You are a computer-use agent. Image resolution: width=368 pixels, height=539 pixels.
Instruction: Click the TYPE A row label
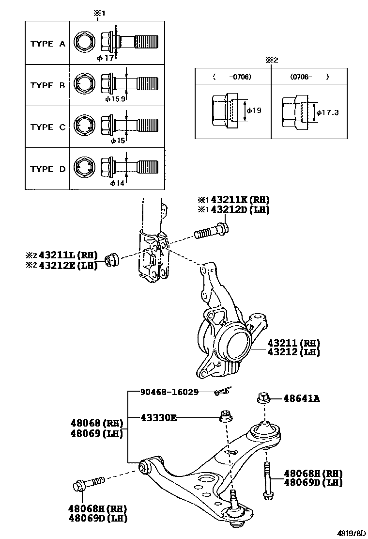point(47,44)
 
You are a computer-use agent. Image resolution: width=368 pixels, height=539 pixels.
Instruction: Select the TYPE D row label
point(47,169)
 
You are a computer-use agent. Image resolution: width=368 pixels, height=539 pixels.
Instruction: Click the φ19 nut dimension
point(254,111)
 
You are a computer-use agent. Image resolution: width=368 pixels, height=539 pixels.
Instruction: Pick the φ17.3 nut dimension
point(327,112)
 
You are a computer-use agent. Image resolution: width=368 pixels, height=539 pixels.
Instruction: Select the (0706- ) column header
point(309,77)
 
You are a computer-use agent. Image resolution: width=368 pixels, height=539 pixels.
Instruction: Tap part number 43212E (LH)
point(68,265)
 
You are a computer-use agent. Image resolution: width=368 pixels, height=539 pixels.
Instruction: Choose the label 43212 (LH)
point(293,352)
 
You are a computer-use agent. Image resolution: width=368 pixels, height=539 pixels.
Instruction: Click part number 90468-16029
point(169,392)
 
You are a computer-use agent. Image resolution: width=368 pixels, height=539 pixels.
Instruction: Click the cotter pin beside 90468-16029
point(223,392)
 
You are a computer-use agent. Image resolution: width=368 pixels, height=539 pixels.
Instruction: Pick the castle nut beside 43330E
point(225,416)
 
